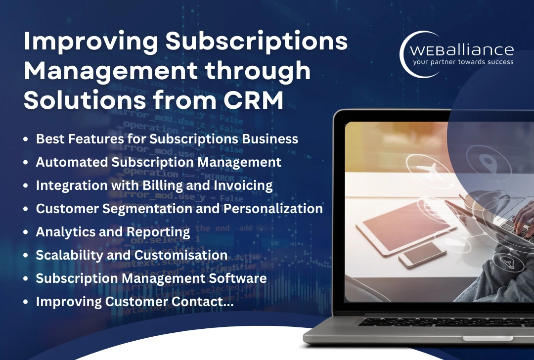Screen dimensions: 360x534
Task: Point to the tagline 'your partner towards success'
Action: (463, 62)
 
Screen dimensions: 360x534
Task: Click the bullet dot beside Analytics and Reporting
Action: (26, 232)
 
